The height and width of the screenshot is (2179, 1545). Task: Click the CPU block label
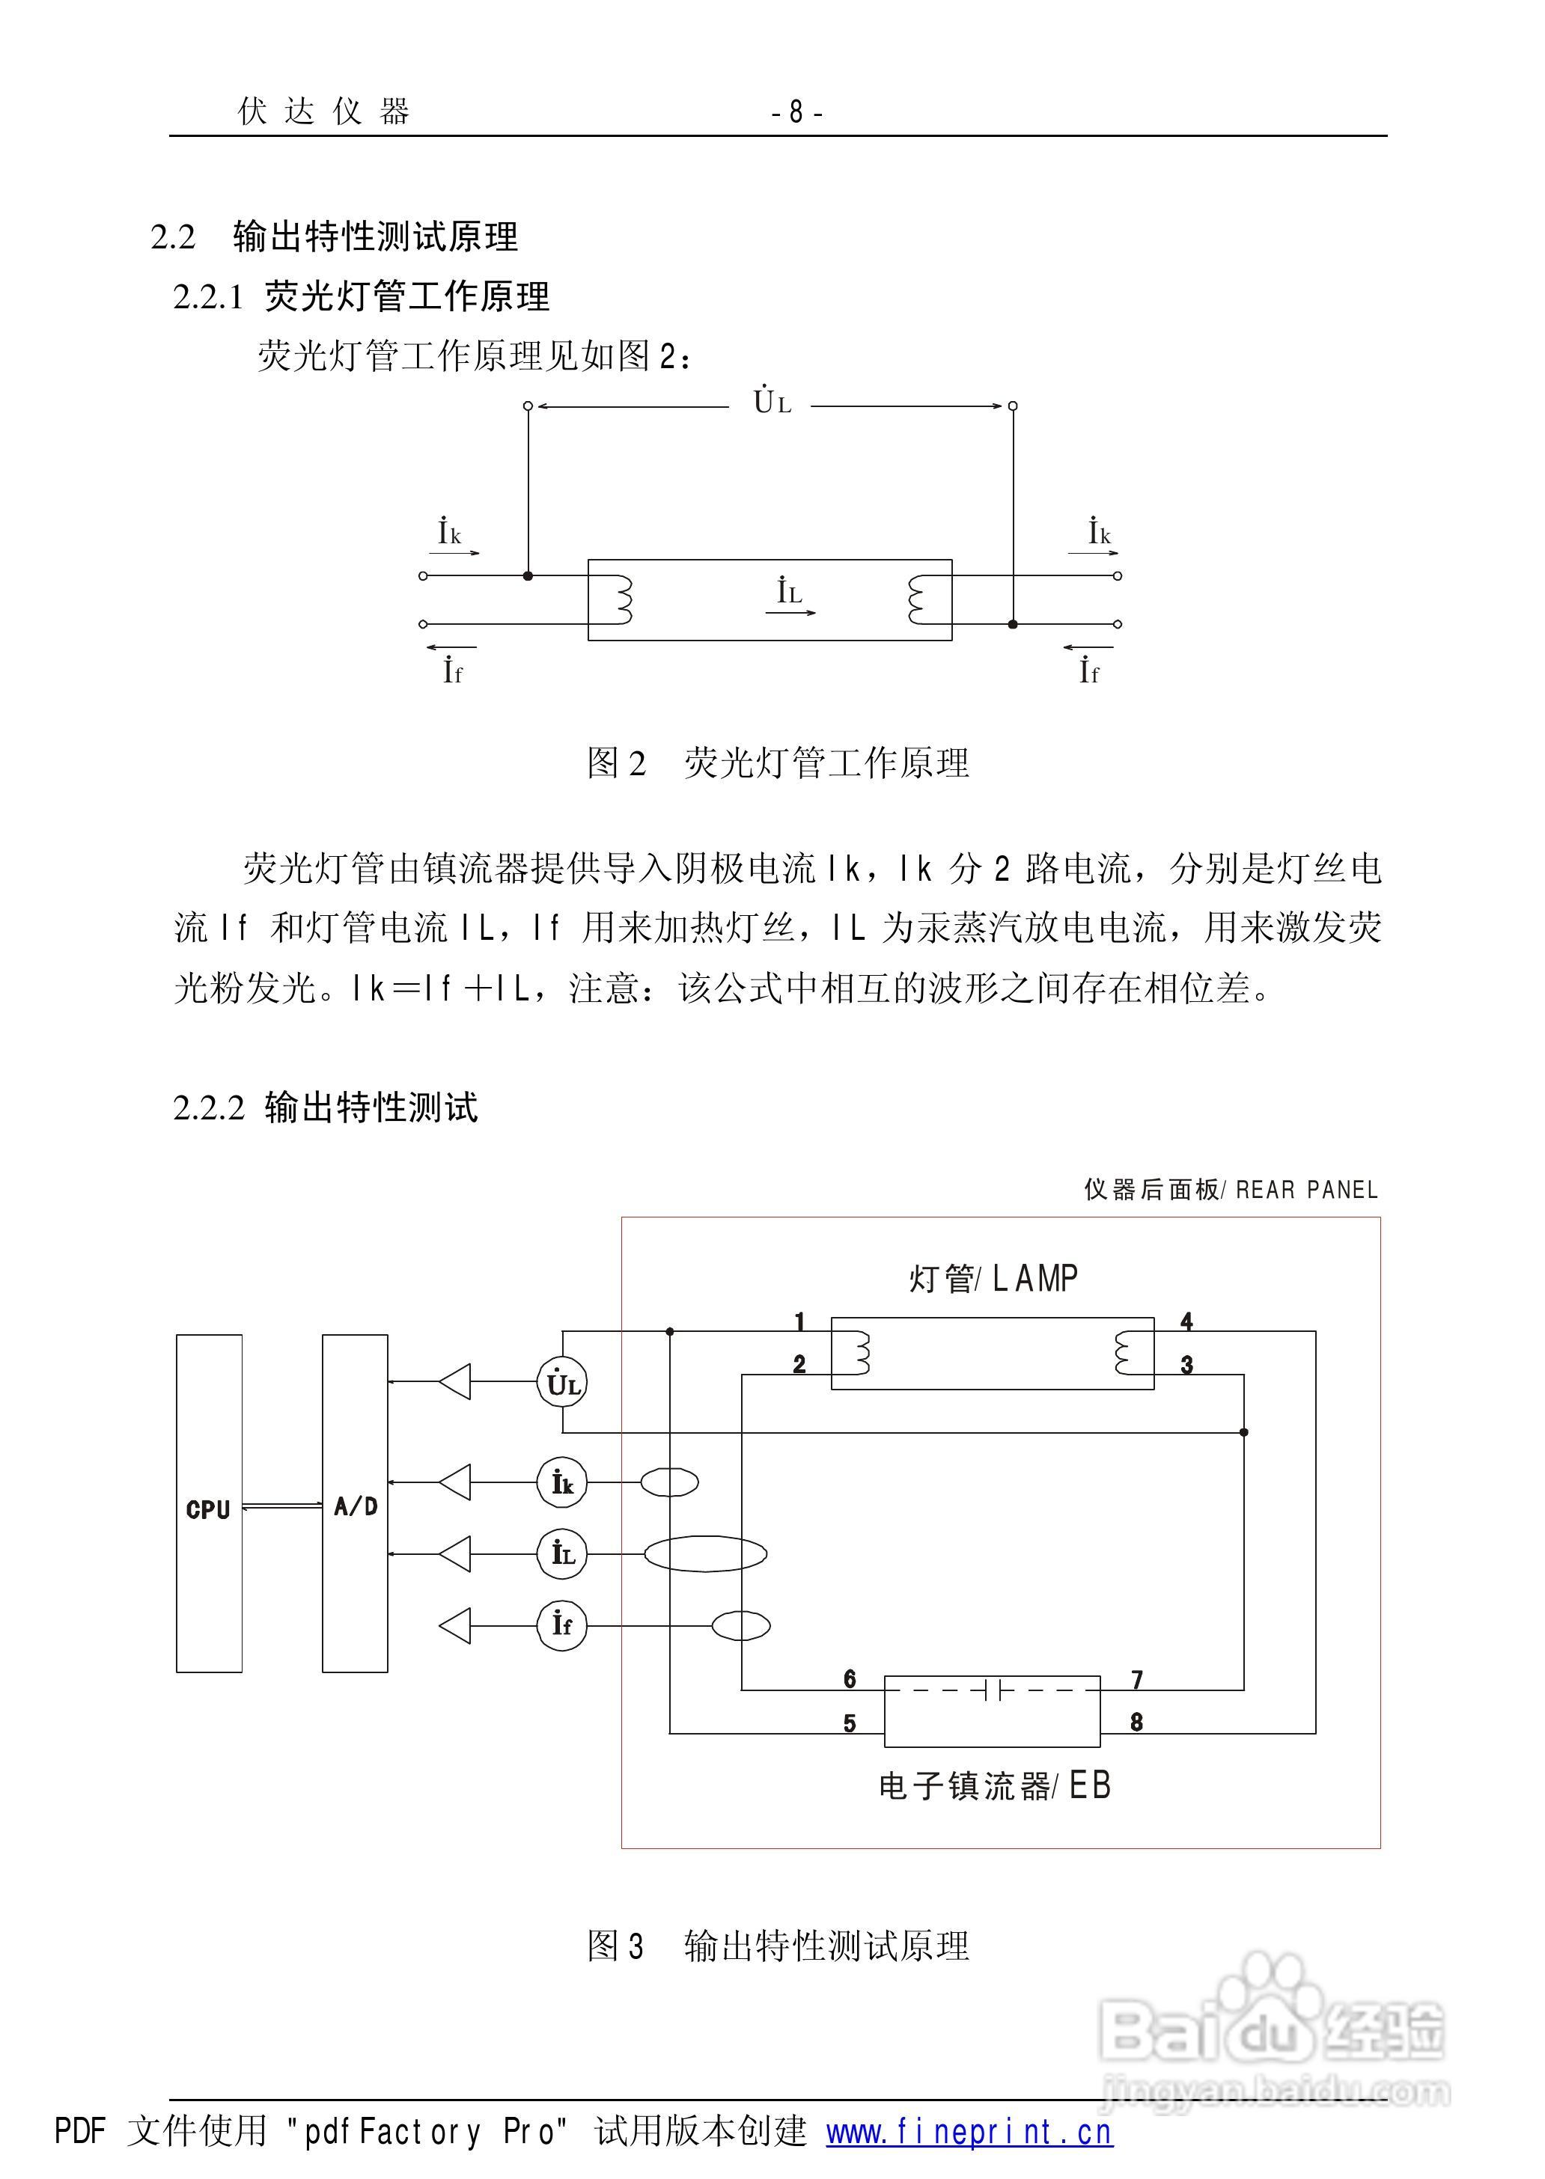pyautogui.click(x=208, y=1509)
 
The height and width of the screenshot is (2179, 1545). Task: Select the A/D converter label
pyautogui.click(x=356, y=1506)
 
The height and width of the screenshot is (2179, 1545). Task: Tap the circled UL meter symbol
pyautogui.click(x=561, y=1383)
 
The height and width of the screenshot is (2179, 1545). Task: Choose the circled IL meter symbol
pyautogui.click(x=561, y=1554)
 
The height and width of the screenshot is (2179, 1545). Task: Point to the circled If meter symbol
pyautogui.click(x=561, y=1625)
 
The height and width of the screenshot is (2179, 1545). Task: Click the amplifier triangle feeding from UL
pyautogui.click(x=456, y=1382)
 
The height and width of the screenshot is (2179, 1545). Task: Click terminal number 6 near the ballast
pyautogui.click(x=850, y=1678)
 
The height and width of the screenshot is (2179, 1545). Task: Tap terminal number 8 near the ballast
pyautogui.click(x=1136, y=1722)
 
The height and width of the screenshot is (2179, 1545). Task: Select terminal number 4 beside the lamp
pyautogui.click(x=1186, y=1321)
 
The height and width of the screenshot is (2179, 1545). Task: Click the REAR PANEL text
pyautogui.click(x=1306, y=1190)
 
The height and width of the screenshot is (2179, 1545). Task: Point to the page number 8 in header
pyautogui.click(x=796, y=113)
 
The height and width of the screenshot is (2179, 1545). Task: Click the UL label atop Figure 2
pyautogui.click(x=772, y=403)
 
